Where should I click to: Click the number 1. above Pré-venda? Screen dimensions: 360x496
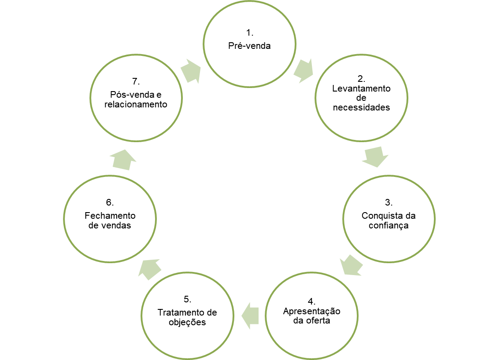(250, 33)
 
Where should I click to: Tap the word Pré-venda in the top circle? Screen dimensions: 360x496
(249, 46)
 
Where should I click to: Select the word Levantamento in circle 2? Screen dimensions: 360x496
(361, 88)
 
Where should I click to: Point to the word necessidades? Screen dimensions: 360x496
(362, 107)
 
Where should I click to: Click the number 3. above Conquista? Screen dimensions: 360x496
(389, 202)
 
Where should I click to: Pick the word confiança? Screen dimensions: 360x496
(389, 226)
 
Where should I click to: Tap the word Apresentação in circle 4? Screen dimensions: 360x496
(312, 311)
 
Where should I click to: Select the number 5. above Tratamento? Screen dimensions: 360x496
(187, 299)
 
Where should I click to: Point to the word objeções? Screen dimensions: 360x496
(187, 322)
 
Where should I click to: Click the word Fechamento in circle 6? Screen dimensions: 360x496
(110, 216)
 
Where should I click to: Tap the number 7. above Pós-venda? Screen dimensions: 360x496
(136, 81)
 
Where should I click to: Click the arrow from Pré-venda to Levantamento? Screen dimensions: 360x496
(304, 70)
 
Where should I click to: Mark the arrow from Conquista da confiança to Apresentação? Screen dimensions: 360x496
(351, 265)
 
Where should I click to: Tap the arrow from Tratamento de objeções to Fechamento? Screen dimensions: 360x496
(149, 268)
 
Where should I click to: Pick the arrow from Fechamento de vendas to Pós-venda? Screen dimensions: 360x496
(122, 159)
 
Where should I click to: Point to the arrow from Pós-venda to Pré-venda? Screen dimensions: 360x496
(191, 70)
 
